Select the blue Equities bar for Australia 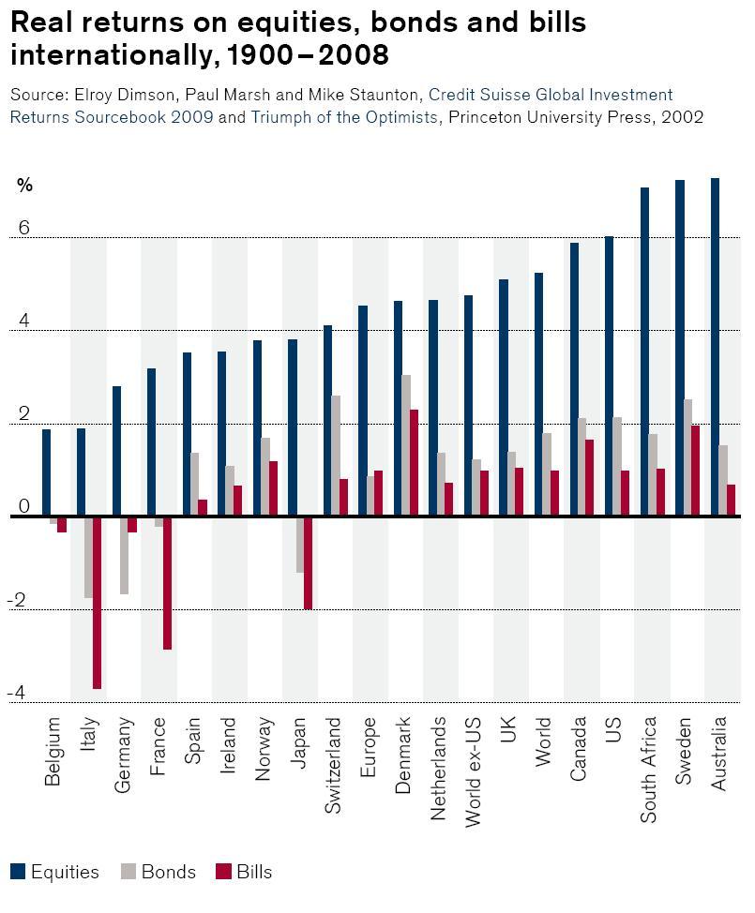[715, 347]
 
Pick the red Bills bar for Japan [308, 562]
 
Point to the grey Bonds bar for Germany [124, 555]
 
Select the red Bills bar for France [167, 582]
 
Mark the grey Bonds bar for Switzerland [335, 456]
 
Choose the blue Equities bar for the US [609, 376]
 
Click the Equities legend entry [55, 872]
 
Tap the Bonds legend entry [159, 872]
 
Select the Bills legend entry [244, 872]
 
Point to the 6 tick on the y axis [23, 229]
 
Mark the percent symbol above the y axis [24, 186]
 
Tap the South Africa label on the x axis [649, 770]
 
